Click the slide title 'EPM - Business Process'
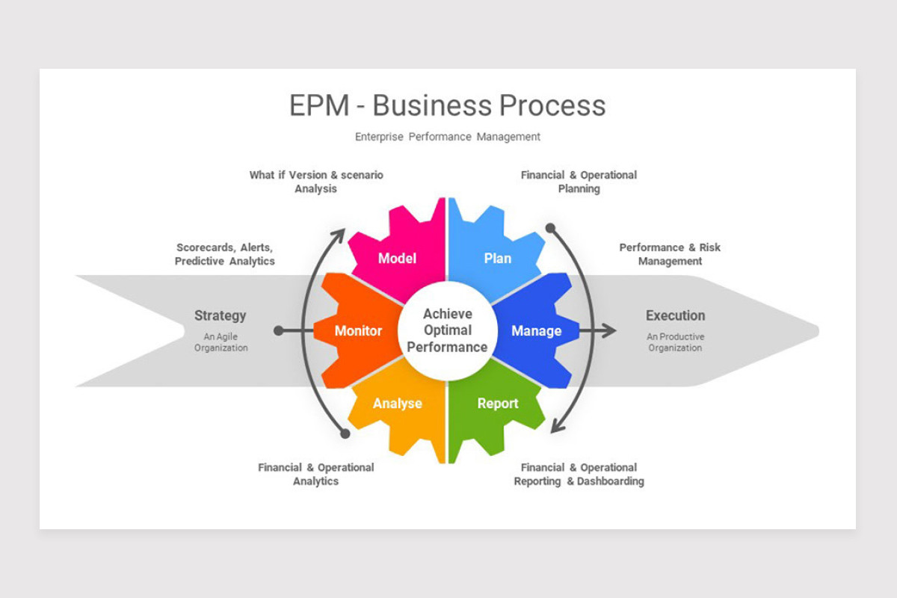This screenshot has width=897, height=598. [447, 105]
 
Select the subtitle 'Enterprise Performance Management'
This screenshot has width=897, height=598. [447, 137]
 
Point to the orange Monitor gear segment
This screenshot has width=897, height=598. [358, 330]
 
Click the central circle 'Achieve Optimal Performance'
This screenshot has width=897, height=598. [447, 330]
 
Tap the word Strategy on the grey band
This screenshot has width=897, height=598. [220, 315]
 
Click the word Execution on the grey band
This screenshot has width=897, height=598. [675, 315]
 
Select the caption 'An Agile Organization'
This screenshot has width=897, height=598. [221, 342]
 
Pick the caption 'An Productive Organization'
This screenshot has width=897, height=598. [675, 342]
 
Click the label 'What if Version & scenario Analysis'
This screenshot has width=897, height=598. [315, 182]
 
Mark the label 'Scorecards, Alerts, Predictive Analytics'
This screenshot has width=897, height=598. [224, 254]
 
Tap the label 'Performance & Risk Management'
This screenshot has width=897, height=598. [670, 254]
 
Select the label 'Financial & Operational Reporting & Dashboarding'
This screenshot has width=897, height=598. [579, 475]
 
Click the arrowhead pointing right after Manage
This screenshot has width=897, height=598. [610, 330]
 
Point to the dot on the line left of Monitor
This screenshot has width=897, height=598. [279, 330]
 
